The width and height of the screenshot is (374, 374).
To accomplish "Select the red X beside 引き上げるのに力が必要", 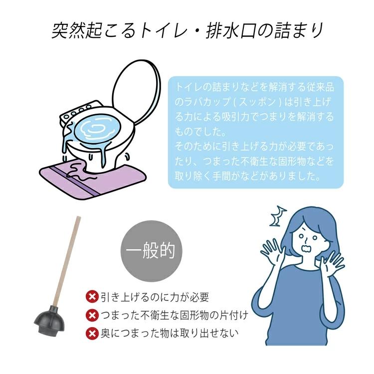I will [92, 298].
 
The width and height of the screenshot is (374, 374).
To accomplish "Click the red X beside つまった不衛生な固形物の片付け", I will [92, 315].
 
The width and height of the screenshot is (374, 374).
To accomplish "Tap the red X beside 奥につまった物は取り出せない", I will [92, 333].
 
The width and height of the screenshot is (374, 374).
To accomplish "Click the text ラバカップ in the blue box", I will [203, 103].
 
